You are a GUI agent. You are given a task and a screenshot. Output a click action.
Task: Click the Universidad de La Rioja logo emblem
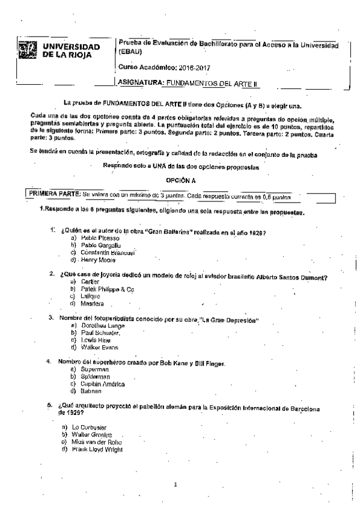[28, 51]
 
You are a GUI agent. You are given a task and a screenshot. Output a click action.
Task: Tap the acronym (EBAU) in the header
[131, 52]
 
